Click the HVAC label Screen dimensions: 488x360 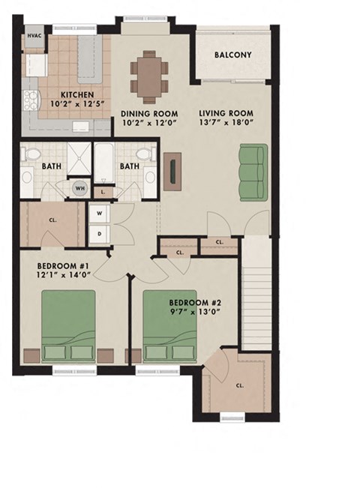pyautogui.click(x=34, y=36)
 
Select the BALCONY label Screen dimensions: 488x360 pyautogui.click(x=232, y=55)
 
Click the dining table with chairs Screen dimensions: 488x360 pyautogui.click(x=150, y=76)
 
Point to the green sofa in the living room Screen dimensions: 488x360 pyautogui.click(x=253, y=172)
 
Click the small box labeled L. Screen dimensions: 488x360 pyautogui.click(x=103, y=192)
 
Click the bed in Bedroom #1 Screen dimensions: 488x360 pyautogui.click(x=68, y=327)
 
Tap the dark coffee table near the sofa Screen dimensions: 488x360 pyautogui.click(x=175, y=172)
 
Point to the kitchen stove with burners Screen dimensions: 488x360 pyautogui.click(x=32, y=100)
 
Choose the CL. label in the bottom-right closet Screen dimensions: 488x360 pyautogui.click(x=239, y=385)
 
